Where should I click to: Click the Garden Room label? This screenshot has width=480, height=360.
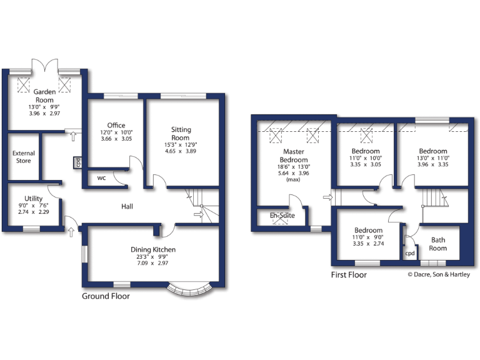click(44, 96)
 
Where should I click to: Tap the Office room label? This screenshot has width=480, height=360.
click(116, 126)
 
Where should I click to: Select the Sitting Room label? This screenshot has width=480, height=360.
click(181, 134)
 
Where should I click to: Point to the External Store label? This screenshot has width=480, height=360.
click(24, 157)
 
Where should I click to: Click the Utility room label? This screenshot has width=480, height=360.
click(34, 198)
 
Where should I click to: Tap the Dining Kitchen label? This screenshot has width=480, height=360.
click(153, 249)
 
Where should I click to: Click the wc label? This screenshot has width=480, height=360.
click(101, 177)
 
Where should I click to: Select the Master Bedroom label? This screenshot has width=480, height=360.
click(294, 156)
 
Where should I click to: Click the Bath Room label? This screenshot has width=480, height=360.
click(438, 244)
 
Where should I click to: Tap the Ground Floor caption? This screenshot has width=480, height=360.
click(106, 296)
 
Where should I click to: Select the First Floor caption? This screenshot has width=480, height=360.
click(349, 274)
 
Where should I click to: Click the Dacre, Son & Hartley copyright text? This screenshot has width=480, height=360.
click(439, 274)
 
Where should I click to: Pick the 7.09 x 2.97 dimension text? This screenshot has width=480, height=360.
click(153, 264)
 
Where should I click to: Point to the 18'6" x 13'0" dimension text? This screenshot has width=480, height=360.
click(294, 167)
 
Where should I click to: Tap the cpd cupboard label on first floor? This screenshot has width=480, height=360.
click(410, 254)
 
